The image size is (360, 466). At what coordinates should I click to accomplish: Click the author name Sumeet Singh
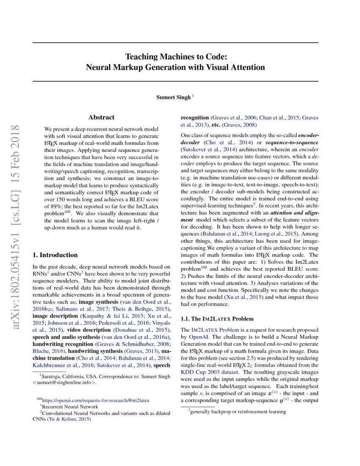(x=174, y=97)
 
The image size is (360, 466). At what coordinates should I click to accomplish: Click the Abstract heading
(x=101, y=117)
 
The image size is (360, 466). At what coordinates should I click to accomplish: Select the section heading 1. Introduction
(x=55, y=255)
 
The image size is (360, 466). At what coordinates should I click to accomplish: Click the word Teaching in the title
(x=142, y=57)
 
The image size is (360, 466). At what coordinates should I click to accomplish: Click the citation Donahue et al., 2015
(x=141, y=330)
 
